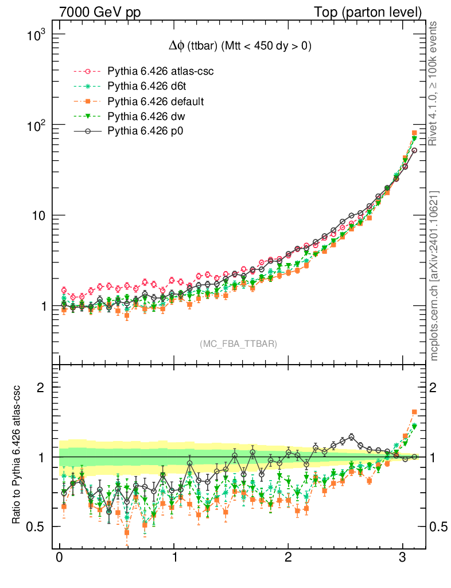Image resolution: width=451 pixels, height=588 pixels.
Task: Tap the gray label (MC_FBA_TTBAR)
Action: (x=238, y=344)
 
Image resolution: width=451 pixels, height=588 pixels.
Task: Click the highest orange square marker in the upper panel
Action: (x=414, y=133)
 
